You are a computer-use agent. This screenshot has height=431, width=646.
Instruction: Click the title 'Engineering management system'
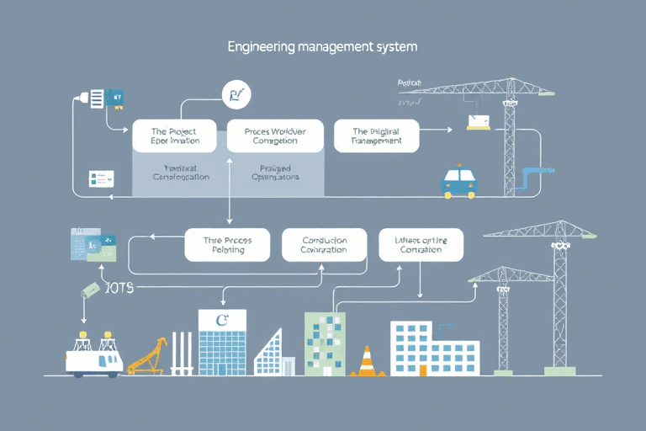321,48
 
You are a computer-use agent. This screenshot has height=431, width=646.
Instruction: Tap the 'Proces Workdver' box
275,136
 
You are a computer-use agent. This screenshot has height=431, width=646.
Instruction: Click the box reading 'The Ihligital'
377,136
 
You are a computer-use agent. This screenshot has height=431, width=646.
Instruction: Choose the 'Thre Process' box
227,244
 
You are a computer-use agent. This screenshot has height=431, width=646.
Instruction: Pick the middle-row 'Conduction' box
324,244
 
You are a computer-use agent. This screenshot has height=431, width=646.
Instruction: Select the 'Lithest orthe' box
421,244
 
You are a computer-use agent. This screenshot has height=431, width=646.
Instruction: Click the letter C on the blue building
222,320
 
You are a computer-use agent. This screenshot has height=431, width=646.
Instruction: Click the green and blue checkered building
324,343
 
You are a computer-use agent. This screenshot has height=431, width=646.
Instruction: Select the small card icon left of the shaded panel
101,178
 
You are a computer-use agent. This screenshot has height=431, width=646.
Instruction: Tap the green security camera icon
90,290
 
